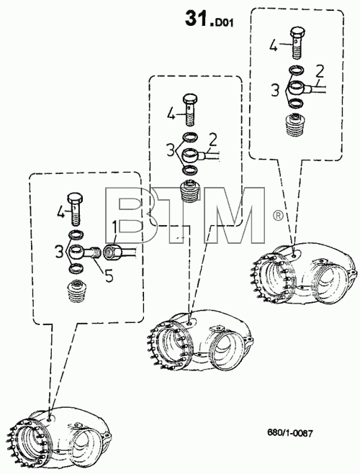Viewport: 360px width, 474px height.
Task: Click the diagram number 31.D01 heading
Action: click(210, 19)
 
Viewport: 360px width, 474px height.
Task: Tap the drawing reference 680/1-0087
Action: click(290, 433)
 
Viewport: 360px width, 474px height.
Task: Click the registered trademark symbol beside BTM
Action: click(278, 215)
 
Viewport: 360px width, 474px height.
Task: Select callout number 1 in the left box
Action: click(114, 227)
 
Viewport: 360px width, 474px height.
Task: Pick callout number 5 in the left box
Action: click(109, 275)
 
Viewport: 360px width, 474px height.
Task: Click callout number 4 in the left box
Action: click(60, 212)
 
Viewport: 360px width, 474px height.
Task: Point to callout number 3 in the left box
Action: click(59, 252)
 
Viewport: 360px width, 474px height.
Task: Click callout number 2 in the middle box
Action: click(213, 140)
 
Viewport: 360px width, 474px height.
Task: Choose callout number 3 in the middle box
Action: click(171, 150)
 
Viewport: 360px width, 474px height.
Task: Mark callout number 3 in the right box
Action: click(275, 91)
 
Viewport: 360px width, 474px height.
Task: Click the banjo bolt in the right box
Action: click(297, 43)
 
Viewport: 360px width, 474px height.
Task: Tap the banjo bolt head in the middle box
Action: click(190, 99)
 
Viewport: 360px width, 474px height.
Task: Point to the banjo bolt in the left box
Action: click(76, 209)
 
